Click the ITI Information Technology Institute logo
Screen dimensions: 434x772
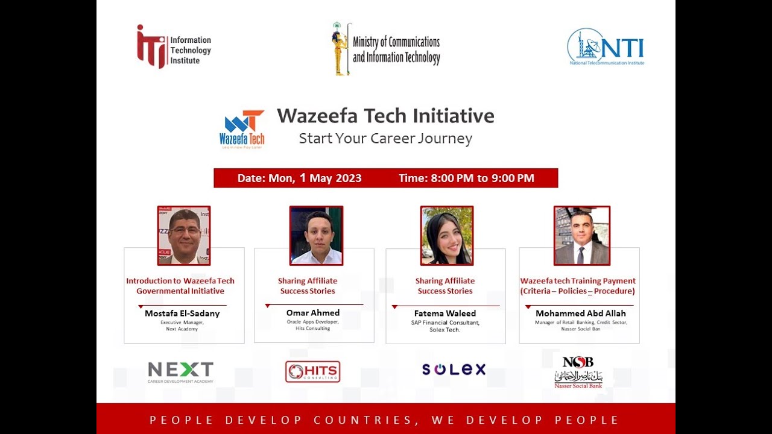click(174, 46)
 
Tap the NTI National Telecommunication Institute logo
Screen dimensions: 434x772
click(606, 46)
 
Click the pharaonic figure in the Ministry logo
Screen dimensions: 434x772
click(341, 49)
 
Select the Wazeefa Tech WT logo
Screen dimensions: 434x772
click(242, 129)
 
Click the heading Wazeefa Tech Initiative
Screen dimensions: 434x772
click(385, 116)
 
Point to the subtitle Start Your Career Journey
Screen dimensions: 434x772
click(385, 139)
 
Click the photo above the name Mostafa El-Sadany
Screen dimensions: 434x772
click(184, 236)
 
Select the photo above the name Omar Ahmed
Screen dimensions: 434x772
click(316, 236)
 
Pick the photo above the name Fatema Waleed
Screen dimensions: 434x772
click(447, 236)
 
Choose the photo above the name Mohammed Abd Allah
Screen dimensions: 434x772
click(582, 236)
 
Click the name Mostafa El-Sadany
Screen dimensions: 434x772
click(182, 313)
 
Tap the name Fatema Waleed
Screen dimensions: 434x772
click(445, 313)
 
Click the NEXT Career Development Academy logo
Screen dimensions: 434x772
click(181, 372)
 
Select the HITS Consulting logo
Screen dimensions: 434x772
click(312, 372)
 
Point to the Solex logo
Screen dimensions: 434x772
click(454, 370)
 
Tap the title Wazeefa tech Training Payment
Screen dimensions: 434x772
click(578, 281)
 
